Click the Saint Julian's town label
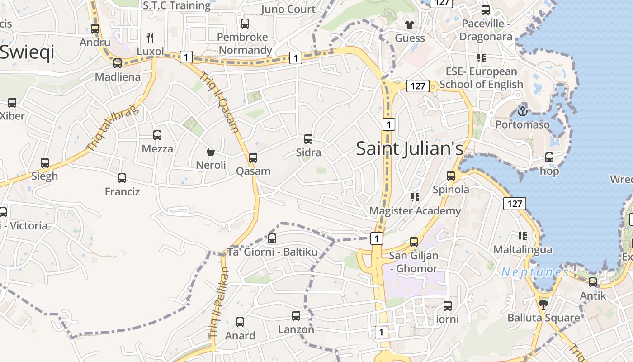click(410, 148)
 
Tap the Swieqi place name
click(27, 52)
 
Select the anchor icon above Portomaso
click(523, 110)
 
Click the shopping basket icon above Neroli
click(211, 151)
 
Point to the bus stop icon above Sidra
click(308, 139)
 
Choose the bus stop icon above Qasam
click(253, 157)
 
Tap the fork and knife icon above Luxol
click(150, 38)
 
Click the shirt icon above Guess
click(410, 24)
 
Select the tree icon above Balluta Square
click(543, 304)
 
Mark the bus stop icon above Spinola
click(451, 176)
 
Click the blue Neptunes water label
click(535, 272)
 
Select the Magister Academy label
click(415, 211)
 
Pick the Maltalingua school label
click(523, 250)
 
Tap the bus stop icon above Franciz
click(122, 178)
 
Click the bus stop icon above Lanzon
click(296, 316)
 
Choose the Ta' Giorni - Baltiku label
click(272, 252)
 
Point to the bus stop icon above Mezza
click(157, 135)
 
